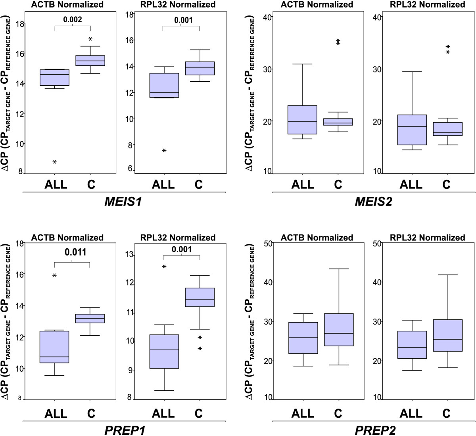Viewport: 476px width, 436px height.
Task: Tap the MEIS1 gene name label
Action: coord(123,202)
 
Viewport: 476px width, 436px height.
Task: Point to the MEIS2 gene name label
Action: coord(373,202)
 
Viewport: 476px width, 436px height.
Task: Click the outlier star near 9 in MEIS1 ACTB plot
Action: coord(55,162)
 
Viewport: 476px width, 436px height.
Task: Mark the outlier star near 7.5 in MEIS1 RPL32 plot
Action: coord(164,151)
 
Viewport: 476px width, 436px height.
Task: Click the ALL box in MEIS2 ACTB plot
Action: coord(302,120)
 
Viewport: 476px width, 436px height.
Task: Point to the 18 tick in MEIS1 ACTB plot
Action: coord(19,24)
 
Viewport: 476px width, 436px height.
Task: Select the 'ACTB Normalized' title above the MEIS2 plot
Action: coord(317,5)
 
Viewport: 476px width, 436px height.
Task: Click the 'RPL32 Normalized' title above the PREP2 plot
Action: coord(428,238)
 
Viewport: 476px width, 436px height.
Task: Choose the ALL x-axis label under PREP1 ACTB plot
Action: coord(55,413)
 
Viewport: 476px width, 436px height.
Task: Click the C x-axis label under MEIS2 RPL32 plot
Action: coord(447,184)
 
